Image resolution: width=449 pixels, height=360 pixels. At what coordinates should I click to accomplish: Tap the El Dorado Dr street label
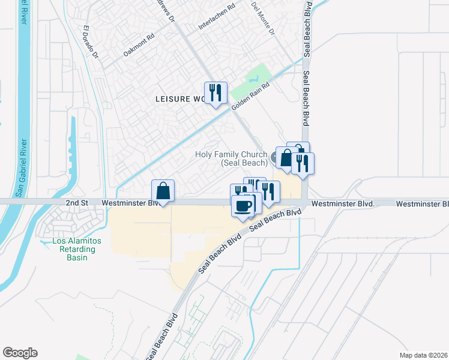tap(91, 42)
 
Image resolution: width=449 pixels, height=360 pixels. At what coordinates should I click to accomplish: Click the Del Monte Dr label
tap(265, 18)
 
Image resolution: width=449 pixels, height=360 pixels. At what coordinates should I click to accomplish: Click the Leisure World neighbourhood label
tap(179, 98)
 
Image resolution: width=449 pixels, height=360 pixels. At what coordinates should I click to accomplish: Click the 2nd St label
tap(76, 203)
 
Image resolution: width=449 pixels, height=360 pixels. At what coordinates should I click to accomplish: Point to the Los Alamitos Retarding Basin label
tap(70, 249)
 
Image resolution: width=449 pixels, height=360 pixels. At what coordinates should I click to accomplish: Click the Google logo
tap(20, 353)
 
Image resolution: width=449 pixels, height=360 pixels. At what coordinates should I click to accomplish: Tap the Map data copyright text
tap(423, 355)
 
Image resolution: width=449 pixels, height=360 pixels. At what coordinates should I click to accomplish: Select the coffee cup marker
tap(243, 206)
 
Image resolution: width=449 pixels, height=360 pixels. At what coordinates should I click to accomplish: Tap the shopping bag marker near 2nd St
tap(163, 191)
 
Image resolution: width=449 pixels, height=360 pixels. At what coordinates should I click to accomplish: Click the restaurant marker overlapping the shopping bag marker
tap(303, 164)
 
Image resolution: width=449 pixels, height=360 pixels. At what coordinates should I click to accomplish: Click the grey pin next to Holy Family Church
tap(275, 158)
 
